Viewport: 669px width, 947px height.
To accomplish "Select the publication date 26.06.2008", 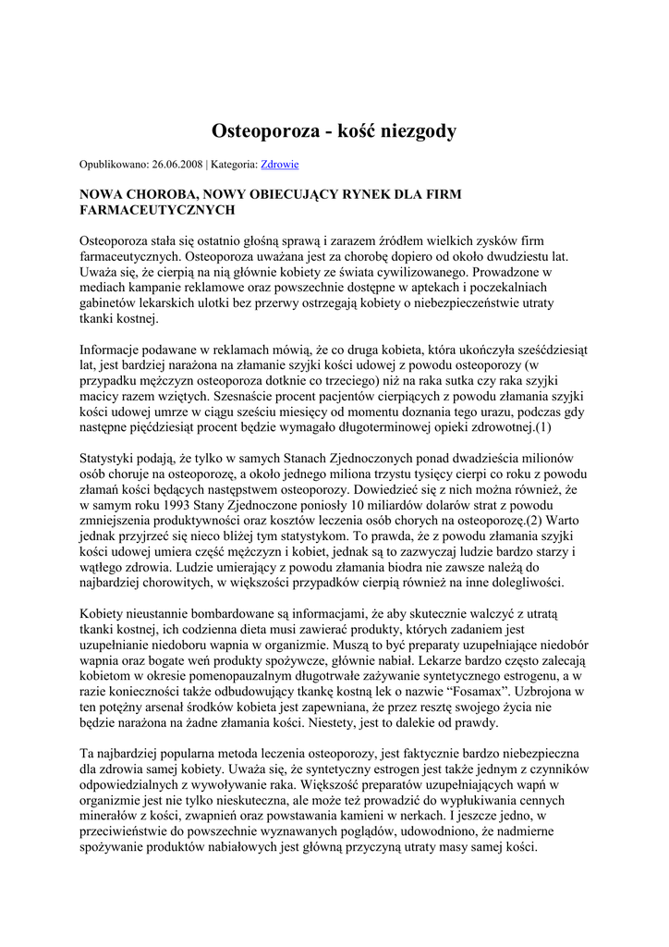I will [176, 165].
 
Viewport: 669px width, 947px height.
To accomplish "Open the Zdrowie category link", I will [280, 165].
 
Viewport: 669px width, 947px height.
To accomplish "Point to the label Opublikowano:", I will [115, 165].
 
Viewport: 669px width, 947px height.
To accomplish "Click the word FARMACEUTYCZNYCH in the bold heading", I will [157, 211].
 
